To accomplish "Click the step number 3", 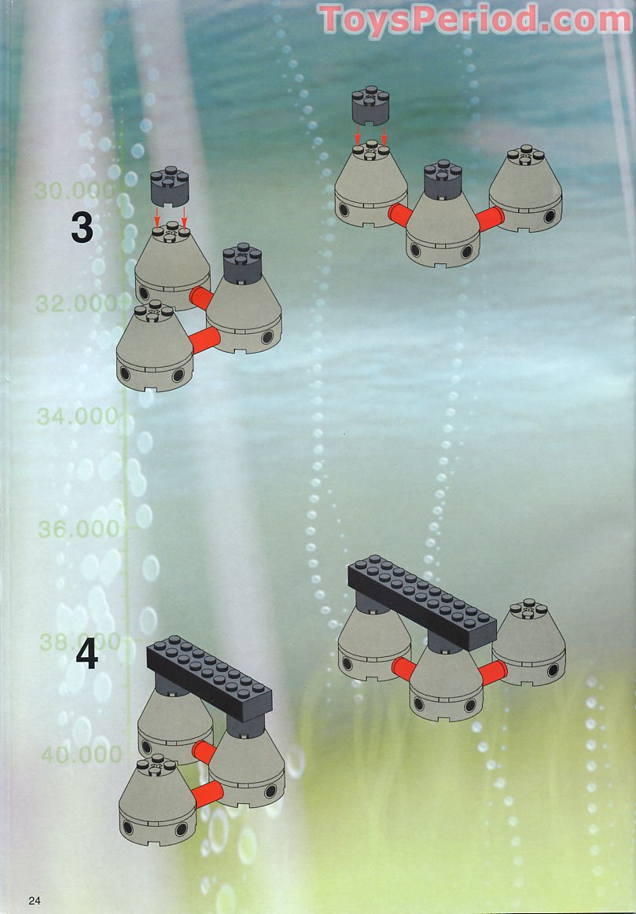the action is (83, 228).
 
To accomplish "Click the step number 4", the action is (86, 655).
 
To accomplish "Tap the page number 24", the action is (35, 901).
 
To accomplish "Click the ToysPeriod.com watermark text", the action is (475, 19).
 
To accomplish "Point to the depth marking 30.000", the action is (75, 191).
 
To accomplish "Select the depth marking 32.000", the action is (76, 303).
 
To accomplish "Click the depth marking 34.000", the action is (78, 417).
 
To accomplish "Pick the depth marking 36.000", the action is (79, 529).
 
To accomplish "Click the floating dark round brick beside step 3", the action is (169, 186).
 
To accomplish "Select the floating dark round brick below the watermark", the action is (370, 105).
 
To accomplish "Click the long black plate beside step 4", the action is (209, 678).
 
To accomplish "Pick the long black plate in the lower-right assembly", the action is (422, 603).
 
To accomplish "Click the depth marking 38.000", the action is (80, 642).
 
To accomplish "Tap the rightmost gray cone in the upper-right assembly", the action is (526, 189).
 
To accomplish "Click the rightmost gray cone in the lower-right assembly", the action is (528, 642).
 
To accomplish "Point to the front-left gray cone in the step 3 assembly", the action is (155, 347).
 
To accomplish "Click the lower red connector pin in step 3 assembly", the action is (205, 340).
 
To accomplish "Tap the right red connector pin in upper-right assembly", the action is (490, 218).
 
